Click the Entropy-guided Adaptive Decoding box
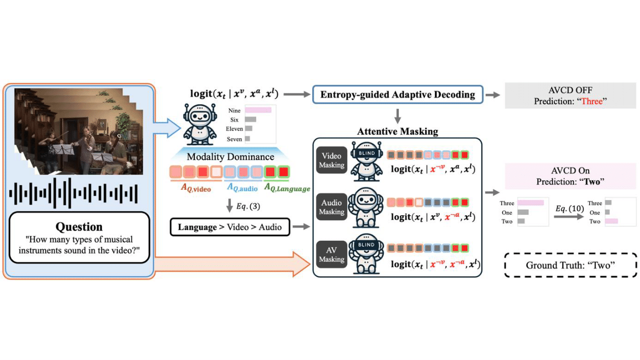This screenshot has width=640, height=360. click(397, 94)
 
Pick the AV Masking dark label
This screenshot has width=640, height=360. click(331, 254)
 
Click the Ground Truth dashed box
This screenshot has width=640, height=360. click(570, 265)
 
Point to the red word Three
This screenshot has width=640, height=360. click(591, 102)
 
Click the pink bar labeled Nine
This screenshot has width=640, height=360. click(258, 110)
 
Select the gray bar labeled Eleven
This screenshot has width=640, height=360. click(249, 129)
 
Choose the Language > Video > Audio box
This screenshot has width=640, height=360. click(229, 226)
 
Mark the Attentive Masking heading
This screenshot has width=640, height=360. click(397, 132)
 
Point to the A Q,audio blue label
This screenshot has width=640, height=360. click(243, 188)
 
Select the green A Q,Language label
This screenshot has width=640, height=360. click(287, 188)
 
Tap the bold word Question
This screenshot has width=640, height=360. click(79, 226)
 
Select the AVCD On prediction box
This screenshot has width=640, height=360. click(570, 176)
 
